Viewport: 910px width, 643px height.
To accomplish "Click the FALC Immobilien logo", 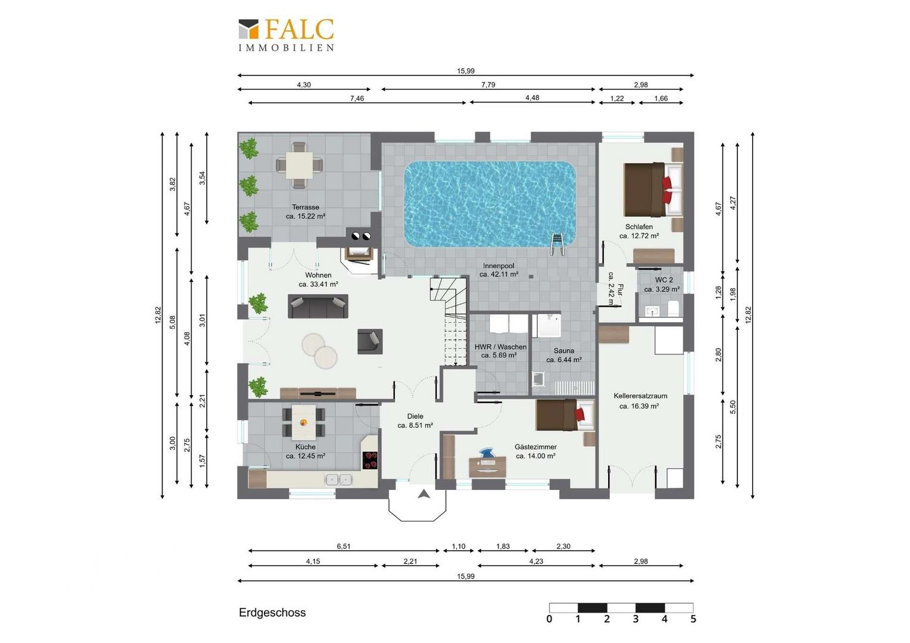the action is tap(286, 35).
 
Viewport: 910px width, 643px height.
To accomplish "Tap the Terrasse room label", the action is tap(306, 207).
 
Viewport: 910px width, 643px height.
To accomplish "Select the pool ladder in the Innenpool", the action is tap(557, 244).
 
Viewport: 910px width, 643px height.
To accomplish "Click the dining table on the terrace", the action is tap(300, 166).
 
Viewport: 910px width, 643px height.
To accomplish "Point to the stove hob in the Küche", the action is tap(370, 461).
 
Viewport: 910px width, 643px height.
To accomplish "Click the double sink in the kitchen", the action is tap(338, 480).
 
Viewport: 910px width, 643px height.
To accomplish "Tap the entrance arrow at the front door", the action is tap(423, 494).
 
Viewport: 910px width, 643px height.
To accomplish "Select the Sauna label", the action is tap(564, 351).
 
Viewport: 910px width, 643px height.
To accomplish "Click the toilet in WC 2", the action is tap(673, 308).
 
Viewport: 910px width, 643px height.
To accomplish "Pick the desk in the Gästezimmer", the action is tap(488, 467).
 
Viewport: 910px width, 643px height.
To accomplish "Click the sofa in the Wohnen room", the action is tap(318, 306).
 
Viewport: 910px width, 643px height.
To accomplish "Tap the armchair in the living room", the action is tap(370, 341).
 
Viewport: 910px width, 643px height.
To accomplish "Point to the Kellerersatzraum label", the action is tap(640, 396).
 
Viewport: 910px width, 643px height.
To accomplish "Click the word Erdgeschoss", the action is tap(272, 613).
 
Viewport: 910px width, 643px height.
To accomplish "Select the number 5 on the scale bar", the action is tap(693, 619).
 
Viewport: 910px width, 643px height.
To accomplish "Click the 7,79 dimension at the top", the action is tap(488, 85).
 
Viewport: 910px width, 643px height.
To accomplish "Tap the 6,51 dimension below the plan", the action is tap(343, 547).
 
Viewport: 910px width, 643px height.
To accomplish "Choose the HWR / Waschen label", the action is tap(500, 347).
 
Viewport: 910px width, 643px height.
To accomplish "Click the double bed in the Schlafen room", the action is tap(654, 190).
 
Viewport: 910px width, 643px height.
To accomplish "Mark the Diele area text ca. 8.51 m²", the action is tap(415, 425).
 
